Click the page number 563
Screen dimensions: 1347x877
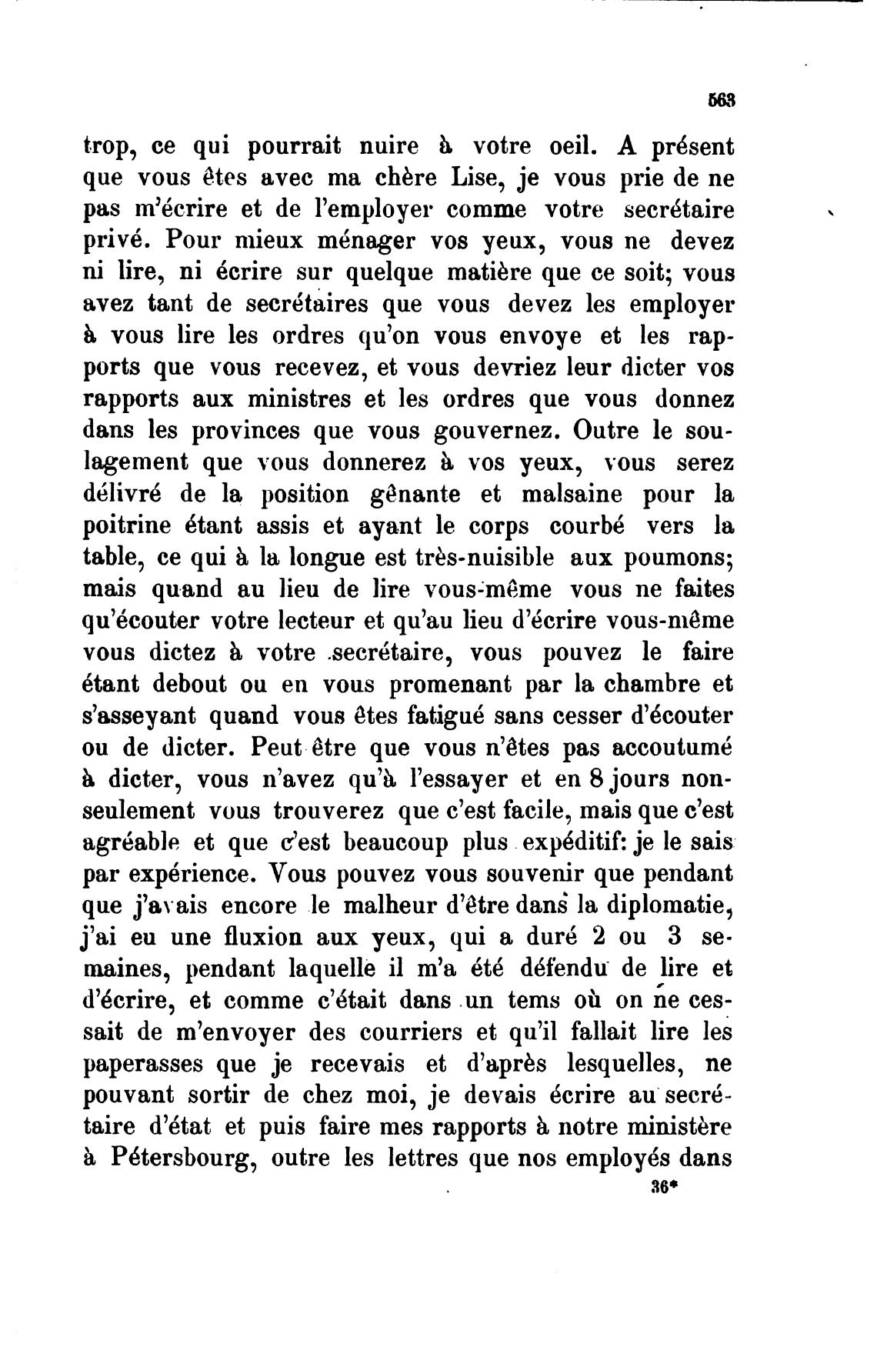[720, 100]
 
